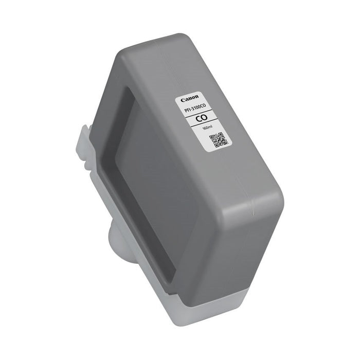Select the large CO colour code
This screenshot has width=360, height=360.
(x=201, y=119)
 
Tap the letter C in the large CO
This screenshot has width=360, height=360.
(x=197, y=120)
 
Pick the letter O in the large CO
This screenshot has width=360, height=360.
(x=204, y=118)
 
